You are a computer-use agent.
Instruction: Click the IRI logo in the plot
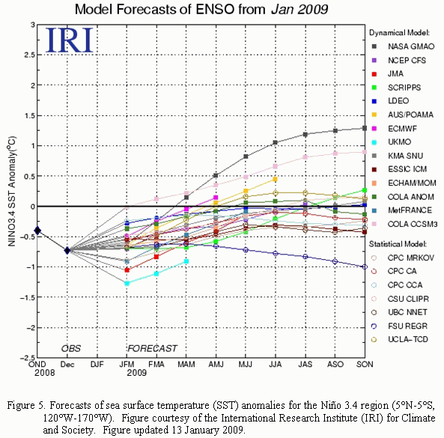coord(70,40)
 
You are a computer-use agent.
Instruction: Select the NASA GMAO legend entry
coord(403,46)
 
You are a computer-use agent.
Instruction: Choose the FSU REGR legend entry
coord(399,326)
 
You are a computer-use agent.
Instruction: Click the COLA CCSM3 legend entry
coord(404,224)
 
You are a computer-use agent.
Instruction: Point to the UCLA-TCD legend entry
coord(400,339)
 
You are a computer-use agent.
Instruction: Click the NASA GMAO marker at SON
coord(365,128)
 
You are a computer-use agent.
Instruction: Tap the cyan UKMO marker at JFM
coord(127,283)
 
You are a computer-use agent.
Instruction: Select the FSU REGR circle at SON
coord(365,267)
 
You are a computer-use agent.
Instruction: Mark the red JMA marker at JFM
coord(127,270)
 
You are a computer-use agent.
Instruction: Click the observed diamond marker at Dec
coord(67,250)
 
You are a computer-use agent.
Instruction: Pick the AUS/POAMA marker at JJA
coord(275,179)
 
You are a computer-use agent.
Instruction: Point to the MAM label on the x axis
coord(186,364)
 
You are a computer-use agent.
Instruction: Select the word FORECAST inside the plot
coord(152,348)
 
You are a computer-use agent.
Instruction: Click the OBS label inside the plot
coord(71,348)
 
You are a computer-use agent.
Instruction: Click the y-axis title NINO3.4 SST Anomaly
coord(12,192)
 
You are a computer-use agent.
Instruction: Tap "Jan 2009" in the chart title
coord(299,9)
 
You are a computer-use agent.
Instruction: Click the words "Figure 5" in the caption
coord(25,405)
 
